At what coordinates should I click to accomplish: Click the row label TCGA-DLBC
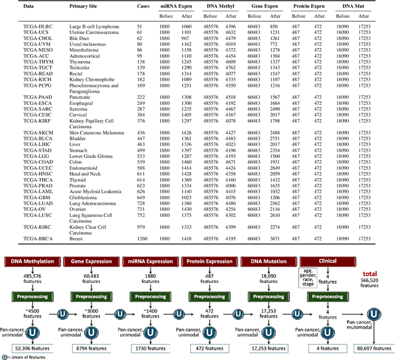click(21, 27)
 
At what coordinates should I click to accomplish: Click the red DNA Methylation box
click(32, 261)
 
